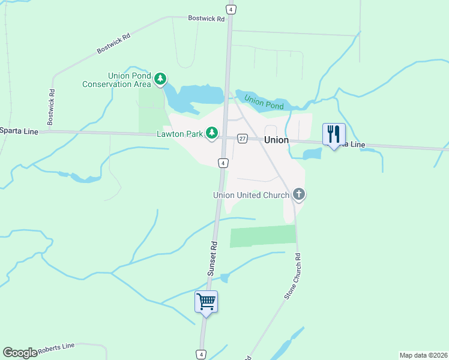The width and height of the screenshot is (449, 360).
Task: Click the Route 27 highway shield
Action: click(243, 138)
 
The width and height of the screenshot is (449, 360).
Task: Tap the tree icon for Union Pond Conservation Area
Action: click(160, 79)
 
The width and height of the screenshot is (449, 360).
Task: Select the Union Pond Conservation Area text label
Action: click(125, 80)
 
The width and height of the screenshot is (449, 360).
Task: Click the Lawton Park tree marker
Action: click(212, 133)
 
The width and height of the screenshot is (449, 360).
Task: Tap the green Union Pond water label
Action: click(264, 102)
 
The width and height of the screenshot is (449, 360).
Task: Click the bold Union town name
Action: click(276, 140)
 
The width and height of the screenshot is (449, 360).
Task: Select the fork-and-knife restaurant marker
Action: click(334, 134)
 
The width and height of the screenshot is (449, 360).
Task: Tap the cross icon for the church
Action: click(300, 194)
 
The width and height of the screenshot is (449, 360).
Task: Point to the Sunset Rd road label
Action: click(212, 259)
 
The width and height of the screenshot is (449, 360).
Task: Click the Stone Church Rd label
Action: click(291, 277)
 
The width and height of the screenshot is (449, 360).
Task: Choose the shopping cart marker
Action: click(206, 301)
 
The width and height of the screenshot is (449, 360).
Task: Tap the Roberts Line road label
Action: click(56, 347)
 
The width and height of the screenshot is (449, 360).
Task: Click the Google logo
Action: click(20, 353)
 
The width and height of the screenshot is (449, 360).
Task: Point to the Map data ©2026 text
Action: click(423, 355)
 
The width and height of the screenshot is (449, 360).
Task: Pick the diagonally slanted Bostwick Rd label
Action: click(113, 44)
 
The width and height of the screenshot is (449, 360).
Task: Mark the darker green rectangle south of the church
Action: click(263, 236)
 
